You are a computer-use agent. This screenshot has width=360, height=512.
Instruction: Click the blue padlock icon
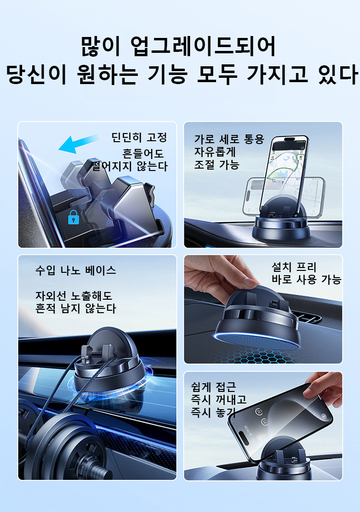click(73, 217)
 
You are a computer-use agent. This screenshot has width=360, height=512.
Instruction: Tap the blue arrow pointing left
click(79, 144)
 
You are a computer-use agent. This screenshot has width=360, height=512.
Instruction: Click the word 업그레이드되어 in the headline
click(203, 47)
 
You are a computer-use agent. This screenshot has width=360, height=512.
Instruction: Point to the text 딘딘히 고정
click(139, 137)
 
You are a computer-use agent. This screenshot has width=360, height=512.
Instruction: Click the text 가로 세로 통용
click(229, 139)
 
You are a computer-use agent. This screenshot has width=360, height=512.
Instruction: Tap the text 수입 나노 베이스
click(76, 270)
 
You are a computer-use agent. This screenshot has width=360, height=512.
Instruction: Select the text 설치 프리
click(294, 267)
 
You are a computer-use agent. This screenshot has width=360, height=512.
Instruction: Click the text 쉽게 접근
click(214, 387)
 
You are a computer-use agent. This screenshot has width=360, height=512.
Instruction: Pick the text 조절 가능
click(216, 165)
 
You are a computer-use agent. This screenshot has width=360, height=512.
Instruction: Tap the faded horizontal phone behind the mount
click(284, 197)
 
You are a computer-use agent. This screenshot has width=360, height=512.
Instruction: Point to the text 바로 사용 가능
click(306, 280)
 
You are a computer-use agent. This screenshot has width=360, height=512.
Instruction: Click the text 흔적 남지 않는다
click(76, 308)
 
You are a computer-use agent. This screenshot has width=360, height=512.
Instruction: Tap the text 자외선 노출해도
click(74, 296)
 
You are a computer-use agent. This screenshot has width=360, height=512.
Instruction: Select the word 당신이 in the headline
click(36, 74)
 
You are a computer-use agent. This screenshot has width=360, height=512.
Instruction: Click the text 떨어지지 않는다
click(130, 166)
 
